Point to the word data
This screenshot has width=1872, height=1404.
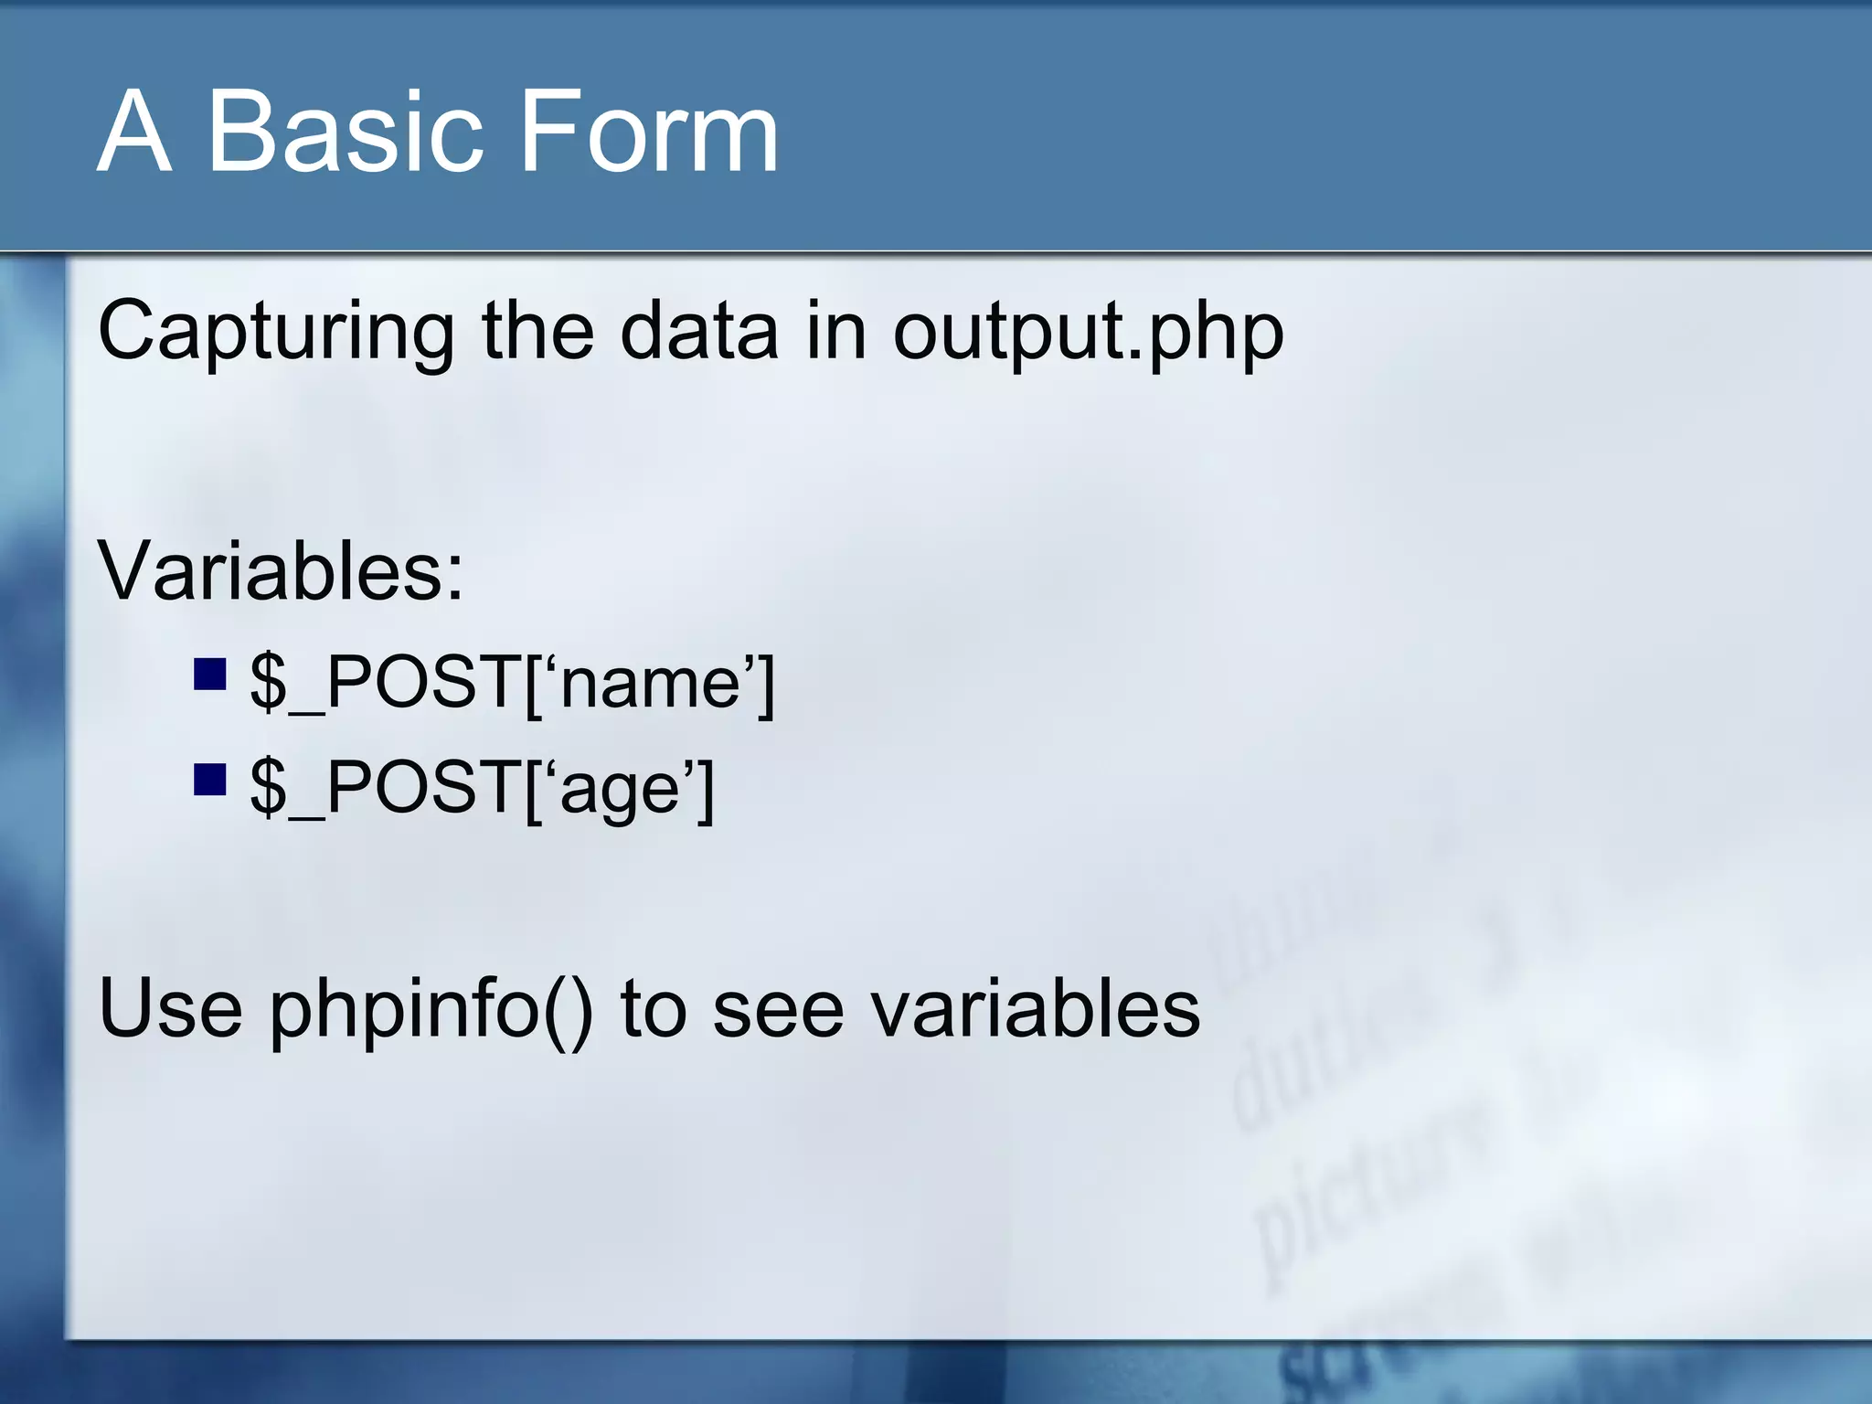point(698,331)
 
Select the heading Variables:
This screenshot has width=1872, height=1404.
point(281,571)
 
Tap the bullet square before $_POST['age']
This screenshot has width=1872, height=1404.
point(210,779)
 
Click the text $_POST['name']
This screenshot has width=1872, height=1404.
point(512,684)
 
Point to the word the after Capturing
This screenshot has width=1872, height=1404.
point(537,331)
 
